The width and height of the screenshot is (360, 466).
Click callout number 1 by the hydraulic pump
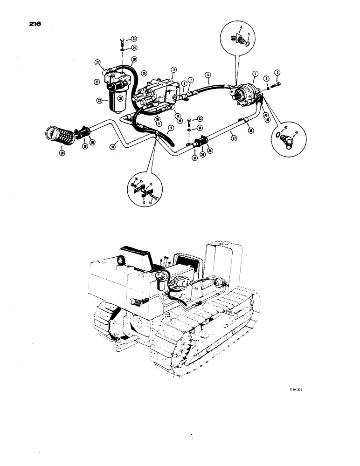[x=255, y=74]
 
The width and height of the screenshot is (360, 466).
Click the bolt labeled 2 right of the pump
[x=275, y=84]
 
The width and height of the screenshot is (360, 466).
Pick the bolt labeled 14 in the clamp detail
[x=154, y=199]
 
